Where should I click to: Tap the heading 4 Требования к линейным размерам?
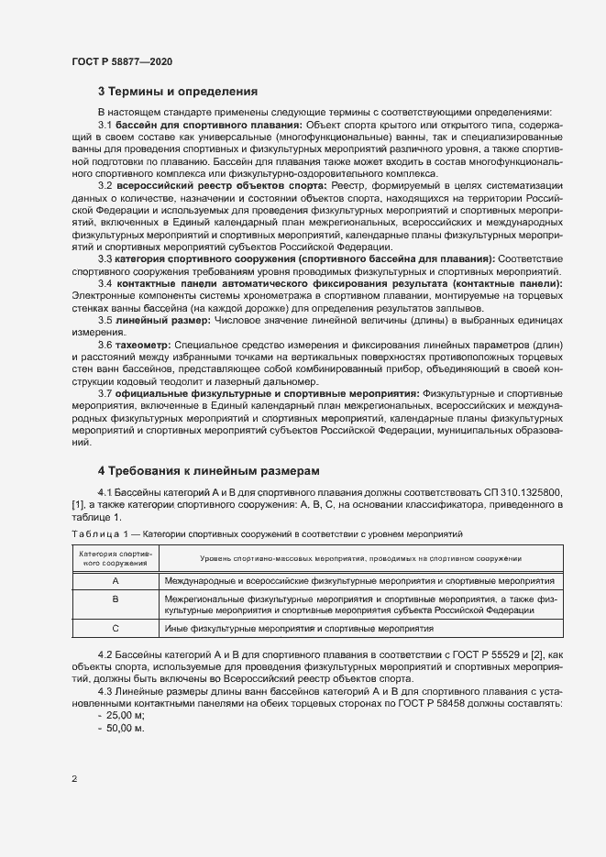point(209,470)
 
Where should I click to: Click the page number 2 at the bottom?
point(73,779)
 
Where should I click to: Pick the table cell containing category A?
point(116,581)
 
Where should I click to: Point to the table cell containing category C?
point(116,629)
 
